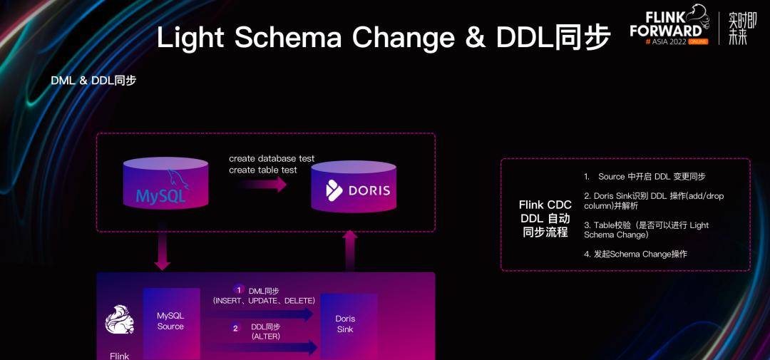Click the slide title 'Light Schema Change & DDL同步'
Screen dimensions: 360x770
point(383,38)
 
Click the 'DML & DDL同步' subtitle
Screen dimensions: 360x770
point(93,81)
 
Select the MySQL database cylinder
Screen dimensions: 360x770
point(165,184)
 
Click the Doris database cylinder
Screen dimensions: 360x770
point(354,187)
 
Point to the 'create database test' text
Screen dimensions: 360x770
point(272,158)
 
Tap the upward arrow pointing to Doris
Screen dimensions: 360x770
point(350,250)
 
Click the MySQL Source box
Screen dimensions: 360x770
point(170,321)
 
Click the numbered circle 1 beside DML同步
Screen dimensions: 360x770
point(239,289)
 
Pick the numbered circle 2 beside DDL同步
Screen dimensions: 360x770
point(236,328)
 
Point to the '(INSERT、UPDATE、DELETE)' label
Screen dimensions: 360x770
point(264,301)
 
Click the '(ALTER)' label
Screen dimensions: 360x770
point(266,336)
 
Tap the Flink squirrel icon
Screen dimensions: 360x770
point(119,319)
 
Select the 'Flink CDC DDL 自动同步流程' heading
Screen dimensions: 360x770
point(545,218)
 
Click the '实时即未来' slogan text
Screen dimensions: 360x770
point(738,29)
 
